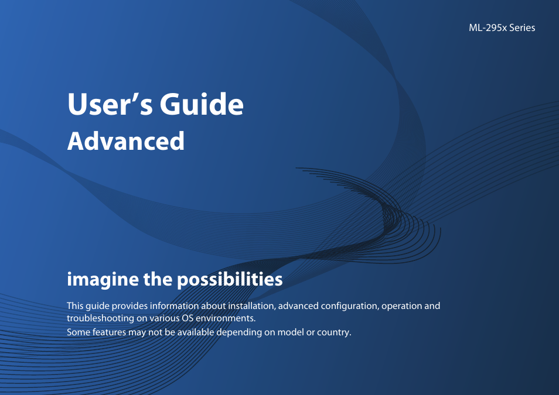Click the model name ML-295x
(x=488, y=28)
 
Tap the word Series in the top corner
(x=522, y=28)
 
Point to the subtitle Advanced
(x=126, y=142)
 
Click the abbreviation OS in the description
(x=187, y=318)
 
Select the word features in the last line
(x=107, y=332)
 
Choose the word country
(x=334, y=332)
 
